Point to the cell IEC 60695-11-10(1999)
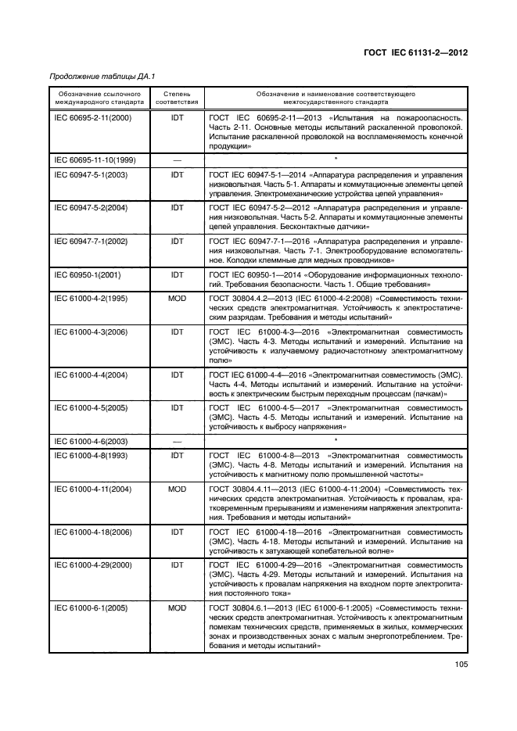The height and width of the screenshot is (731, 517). point(95,160)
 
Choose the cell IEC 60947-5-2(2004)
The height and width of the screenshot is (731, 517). point(91,207)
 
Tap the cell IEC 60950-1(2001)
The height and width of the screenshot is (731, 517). point(86,275)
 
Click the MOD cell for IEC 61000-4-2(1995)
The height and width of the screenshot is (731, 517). point(177,299)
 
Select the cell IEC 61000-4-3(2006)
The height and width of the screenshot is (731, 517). point(91,332)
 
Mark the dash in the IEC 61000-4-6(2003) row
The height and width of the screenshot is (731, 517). point(177,442)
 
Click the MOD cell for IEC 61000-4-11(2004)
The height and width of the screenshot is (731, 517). point(177,488)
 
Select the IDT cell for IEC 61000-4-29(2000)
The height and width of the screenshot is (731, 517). point(177,564)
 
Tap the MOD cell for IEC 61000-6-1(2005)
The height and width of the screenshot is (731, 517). point(177,607)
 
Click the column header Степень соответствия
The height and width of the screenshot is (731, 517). point(177,97)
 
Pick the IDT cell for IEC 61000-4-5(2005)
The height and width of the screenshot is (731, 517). point(177,408)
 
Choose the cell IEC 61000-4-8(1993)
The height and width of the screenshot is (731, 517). point(91,454)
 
